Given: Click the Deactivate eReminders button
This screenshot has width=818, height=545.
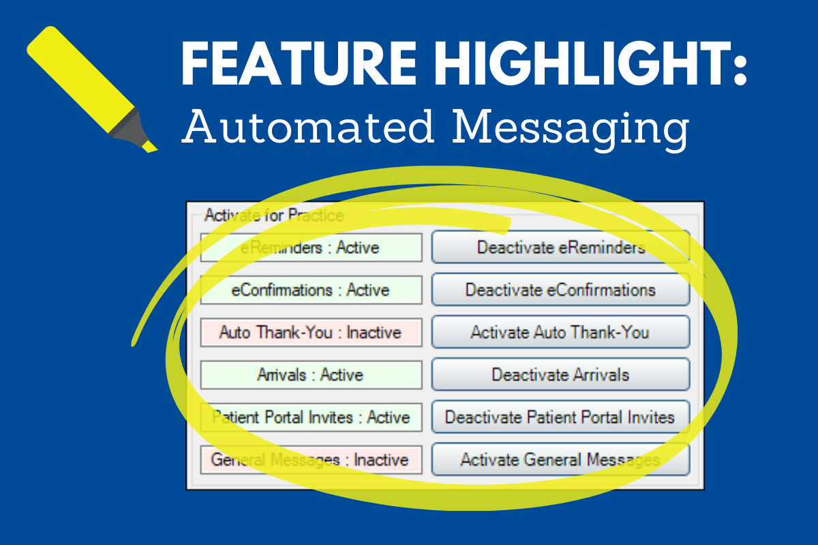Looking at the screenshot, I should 560,248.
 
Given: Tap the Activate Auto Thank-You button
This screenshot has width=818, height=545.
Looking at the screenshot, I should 560,332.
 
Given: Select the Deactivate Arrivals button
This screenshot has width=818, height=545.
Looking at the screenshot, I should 560,374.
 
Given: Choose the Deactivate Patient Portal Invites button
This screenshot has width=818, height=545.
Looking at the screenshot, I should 560,417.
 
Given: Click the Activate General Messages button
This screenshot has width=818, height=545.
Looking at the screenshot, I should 560,459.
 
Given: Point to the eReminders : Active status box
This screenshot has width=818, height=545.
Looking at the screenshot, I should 311,248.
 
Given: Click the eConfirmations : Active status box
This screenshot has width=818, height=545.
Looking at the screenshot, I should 311,290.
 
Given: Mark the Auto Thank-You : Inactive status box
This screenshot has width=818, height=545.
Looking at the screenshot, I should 311,332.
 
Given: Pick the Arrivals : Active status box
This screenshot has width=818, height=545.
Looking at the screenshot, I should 311,374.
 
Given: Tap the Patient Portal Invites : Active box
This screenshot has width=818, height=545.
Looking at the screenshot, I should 311,417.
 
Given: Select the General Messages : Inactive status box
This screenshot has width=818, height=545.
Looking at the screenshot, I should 311,459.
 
